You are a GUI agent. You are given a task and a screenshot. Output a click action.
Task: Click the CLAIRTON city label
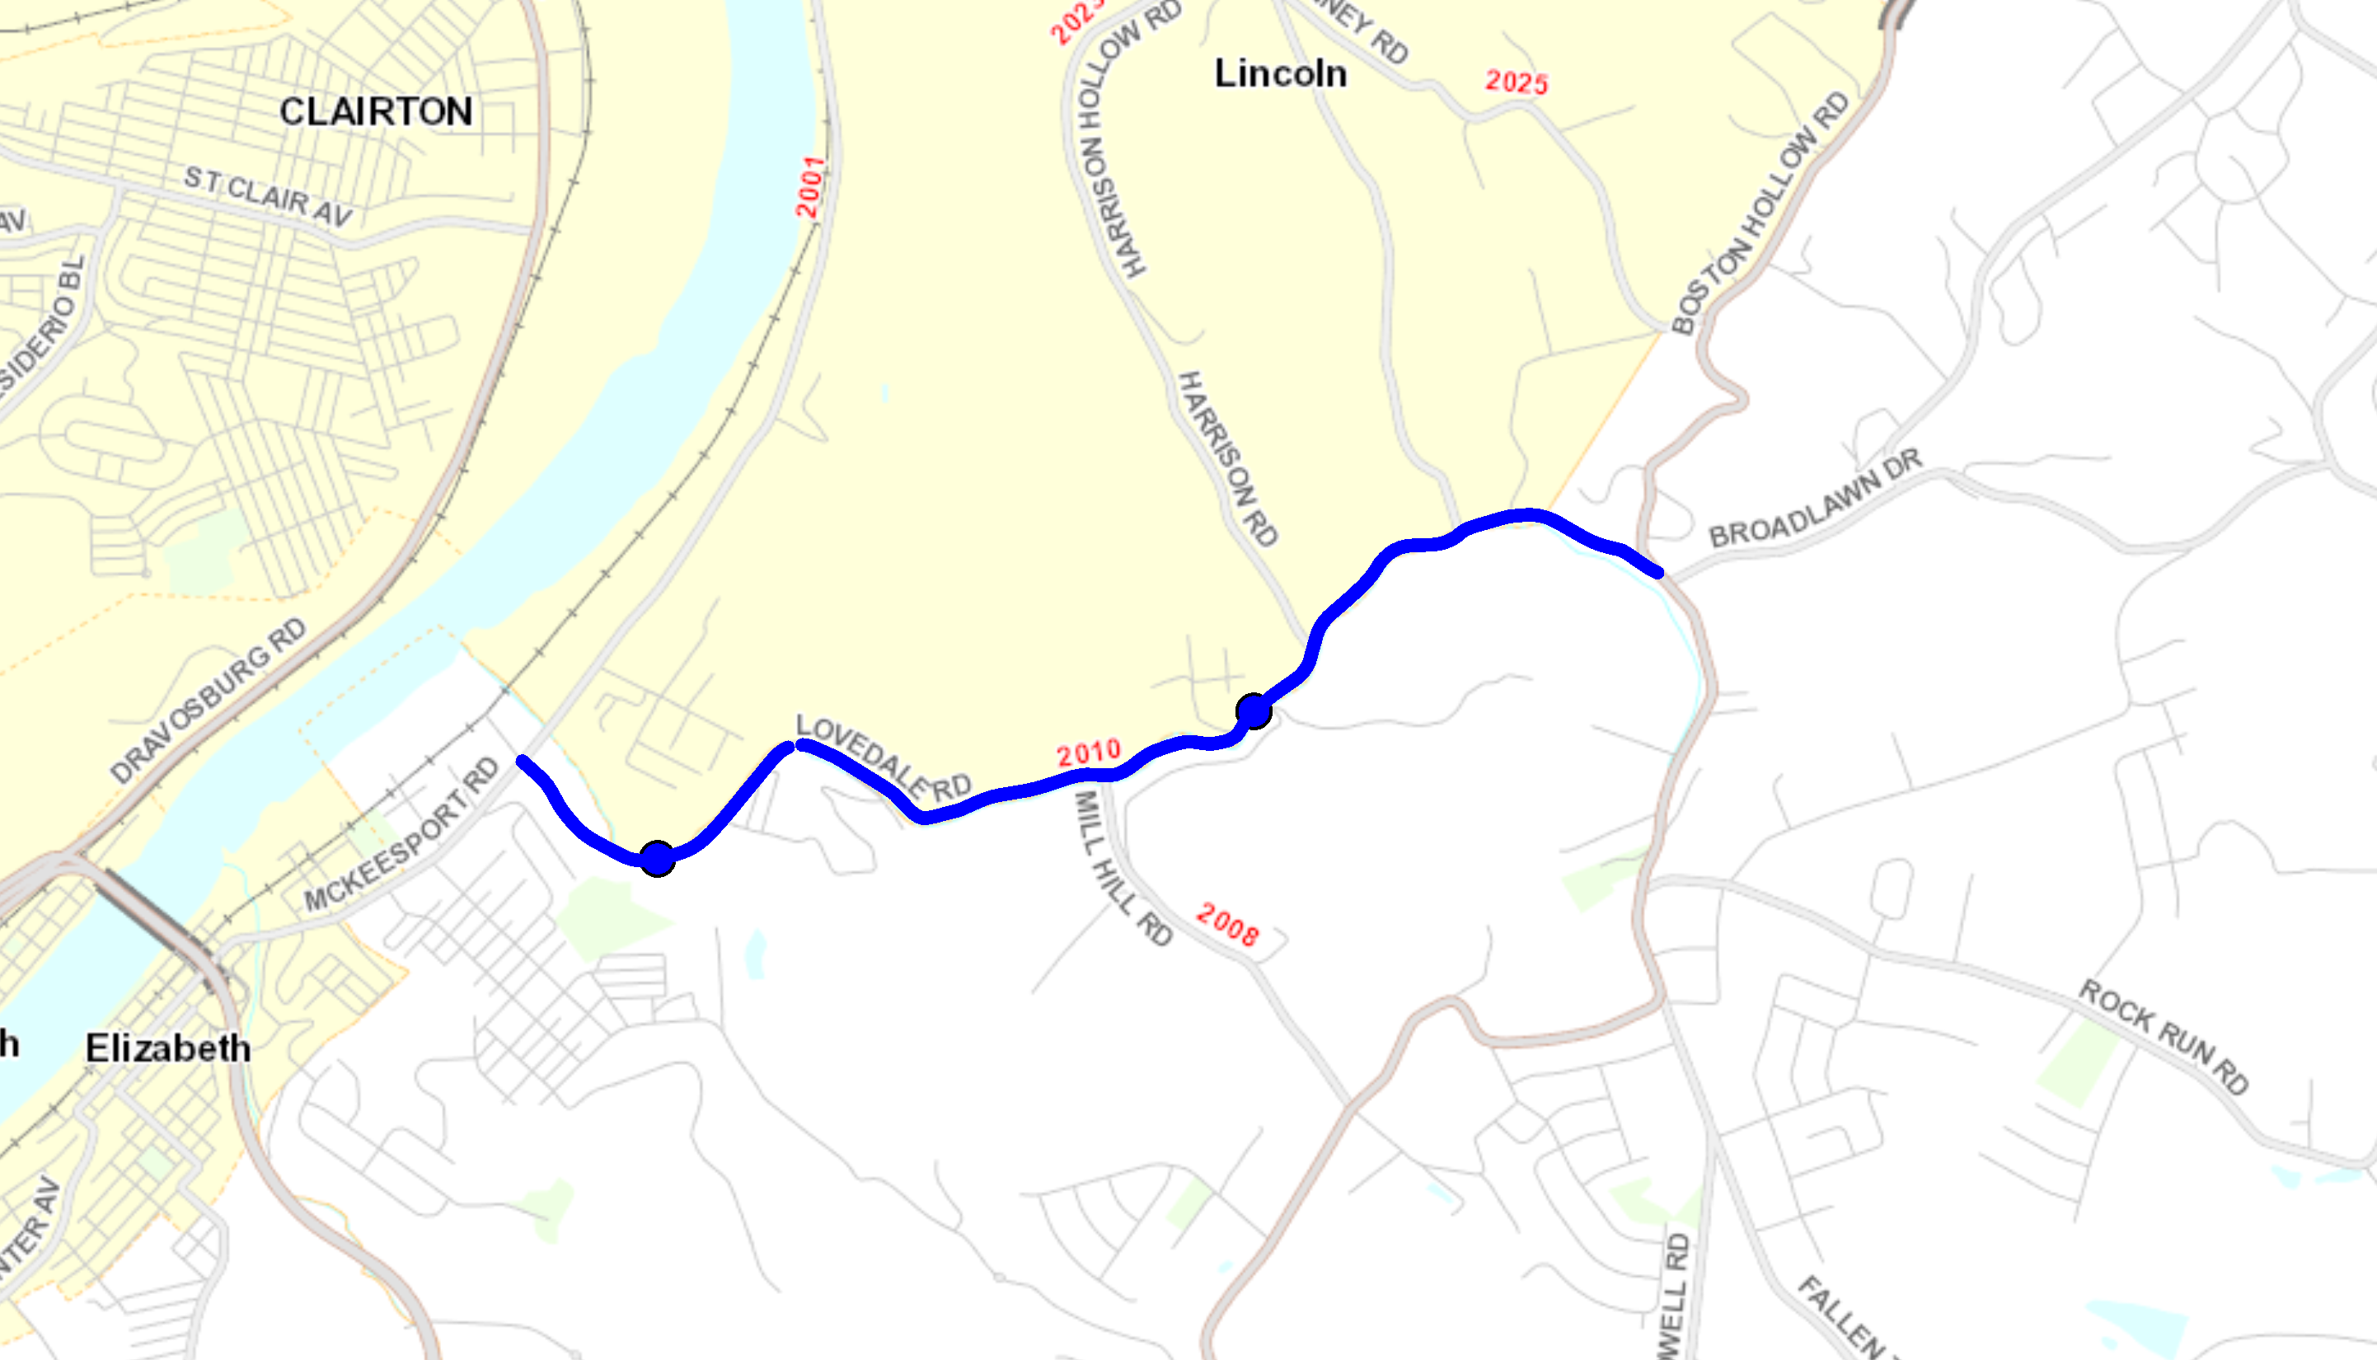[x=376, y=112]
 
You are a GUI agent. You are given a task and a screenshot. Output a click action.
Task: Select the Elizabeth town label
[x=168, y=1048]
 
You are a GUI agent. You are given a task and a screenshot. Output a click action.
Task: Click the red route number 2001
[x=809, y=187]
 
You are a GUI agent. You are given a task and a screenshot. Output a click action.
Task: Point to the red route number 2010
[x=1088, y=753]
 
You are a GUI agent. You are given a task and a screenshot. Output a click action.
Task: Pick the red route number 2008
[x=1227, y=924]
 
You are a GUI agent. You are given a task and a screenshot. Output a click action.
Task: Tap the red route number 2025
[x=1516, y=82]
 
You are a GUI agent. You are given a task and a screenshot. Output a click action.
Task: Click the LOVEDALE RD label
[x=883, y=757]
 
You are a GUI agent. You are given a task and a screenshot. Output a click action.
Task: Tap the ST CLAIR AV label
[x=268, y=196]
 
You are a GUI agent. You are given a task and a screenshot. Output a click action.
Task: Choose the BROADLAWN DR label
[x=1815, y=498]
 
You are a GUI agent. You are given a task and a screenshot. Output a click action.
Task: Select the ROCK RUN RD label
[x=2163, y=1037]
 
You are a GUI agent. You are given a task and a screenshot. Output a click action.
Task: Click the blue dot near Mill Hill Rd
[x=1254, y=710]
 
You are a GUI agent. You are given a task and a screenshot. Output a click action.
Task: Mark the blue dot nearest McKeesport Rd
[x=658, y=857]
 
